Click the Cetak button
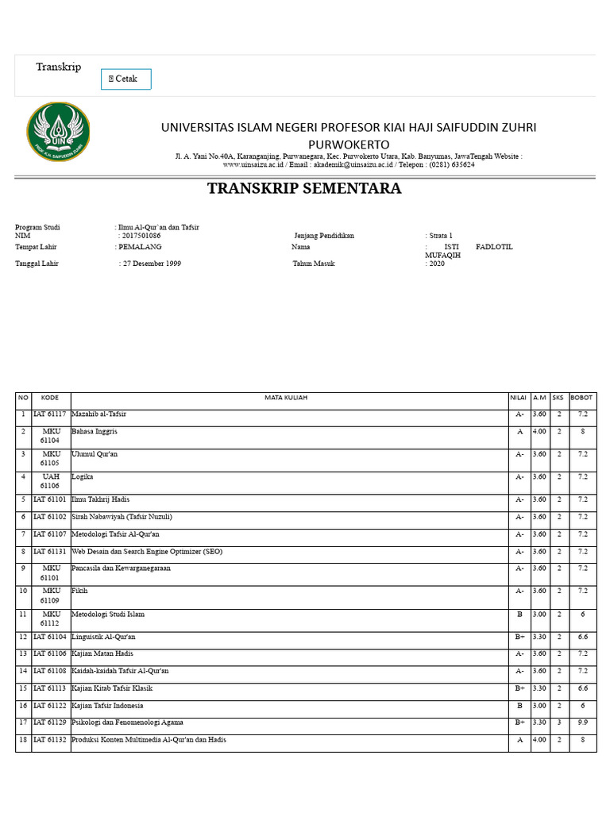pyautogui.click(x=125, y=79)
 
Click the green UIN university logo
pyautogui.click(x=58, y=132)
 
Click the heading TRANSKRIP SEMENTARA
pyautogui.click(x=304, y=189)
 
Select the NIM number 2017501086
pyautogui.click(x=140, y=236)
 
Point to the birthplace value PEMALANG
pyautogui.click(x=140, y=247)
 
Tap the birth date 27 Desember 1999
pyautogui.click(x=152, y=264)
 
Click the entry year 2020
pyautogui.click(x=437, y=264)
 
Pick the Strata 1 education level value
pyautogui.click(x=441, y=236)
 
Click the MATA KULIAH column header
pyautogui.click(x=286, y=398)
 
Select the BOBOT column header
pyautogui.click(x=581, y=398)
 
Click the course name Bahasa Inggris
pyautogui.click(x=95, y=431)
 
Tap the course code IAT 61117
pyautogui.click(x=50, y=414)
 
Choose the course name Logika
pyautogui.click(x=83, y=476)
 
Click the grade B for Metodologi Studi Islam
pyautogui.click(x=519, y=615)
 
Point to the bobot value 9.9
pyautogui.click(x=581, y=722)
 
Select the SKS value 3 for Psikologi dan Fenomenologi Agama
pyautogui.click(x=559, y=722)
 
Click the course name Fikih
pyautogui.click(x=80, y=591)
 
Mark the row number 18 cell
pyautogui.click(x=24, y=740)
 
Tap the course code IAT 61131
pyautogui.click(x=50, y=551)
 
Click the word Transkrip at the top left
pyautogui.click(x=58, y=67)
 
